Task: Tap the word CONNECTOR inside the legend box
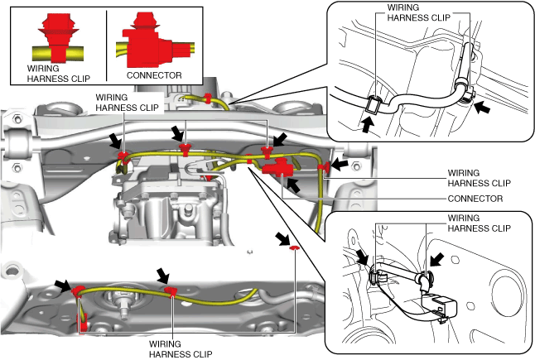tap(154, 75)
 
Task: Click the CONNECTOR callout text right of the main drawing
tap(475, 199)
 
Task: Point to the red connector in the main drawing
tap(277, 167)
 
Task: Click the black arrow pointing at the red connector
tap(293, 184)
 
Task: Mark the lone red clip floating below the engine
tap(293, 247)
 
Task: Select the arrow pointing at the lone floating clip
tap(283, 238)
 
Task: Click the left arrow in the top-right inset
tap(366, 124)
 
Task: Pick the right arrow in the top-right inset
tap(483, 107)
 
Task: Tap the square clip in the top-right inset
tap(374, 103)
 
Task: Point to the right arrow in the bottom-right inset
tap(436, 259)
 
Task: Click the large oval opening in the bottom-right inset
tap(506, 295)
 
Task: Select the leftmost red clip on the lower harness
tap(78, 290)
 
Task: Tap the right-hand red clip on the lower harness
tap(171, 291)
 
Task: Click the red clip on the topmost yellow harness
tap(207, 98)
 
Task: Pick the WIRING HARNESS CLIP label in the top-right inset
tap(418, 12)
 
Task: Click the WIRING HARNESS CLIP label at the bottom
tap(181, 349)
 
